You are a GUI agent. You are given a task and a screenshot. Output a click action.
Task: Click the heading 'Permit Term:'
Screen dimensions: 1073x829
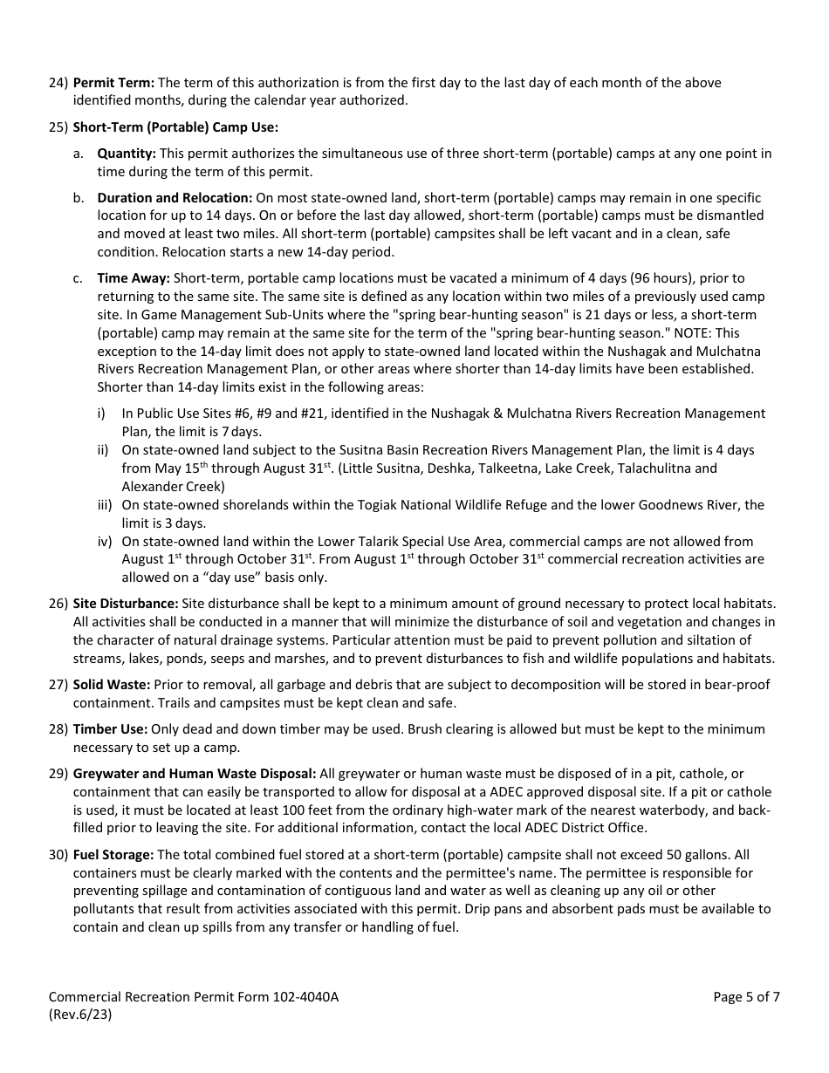(113, 83)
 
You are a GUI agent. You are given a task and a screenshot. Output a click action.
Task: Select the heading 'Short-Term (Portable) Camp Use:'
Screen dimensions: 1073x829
(175, 127)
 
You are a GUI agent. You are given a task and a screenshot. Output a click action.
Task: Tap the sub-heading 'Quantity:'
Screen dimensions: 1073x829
(127, 154)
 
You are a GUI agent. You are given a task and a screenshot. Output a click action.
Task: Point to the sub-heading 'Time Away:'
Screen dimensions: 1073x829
(134, 278)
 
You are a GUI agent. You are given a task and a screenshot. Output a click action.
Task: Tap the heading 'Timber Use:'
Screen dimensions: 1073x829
(111, 729)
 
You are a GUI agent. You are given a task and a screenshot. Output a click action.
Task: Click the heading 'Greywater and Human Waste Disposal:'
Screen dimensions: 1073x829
(195, 774)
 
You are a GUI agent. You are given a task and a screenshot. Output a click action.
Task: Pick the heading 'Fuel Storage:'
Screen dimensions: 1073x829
(113, 855)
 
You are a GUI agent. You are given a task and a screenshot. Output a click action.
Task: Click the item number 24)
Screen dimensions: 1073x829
(58, 83)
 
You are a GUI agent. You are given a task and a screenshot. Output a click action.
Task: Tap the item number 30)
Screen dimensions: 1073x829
(58, 855)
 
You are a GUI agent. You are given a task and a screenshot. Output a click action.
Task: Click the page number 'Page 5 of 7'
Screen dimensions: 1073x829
(746, 997)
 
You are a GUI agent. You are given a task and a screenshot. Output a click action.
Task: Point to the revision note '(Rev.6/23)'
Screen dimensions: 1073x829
(80, 1015)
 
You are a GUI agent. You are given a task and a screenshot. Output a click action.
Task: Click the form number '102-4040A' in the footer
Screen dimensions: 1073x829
(305, 997)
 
